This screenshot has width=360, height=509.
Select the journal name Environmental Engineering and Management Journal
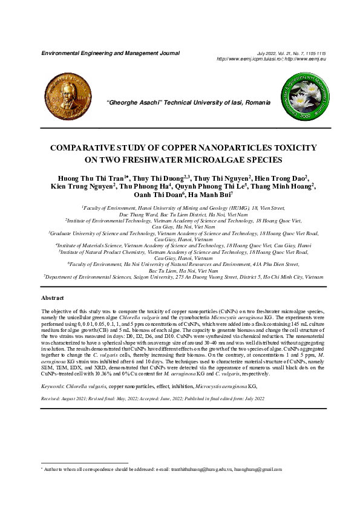tap(110, 53)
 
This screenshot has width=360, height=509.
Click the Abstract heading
tap(53, 299)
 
